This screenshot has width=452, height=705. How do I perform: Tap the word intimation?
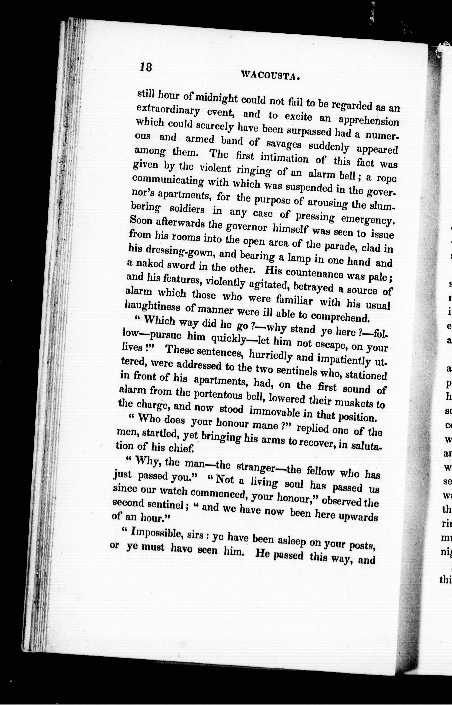pos(284,158)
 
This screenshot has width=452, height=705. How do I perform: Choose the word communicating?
pos(168,180)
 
